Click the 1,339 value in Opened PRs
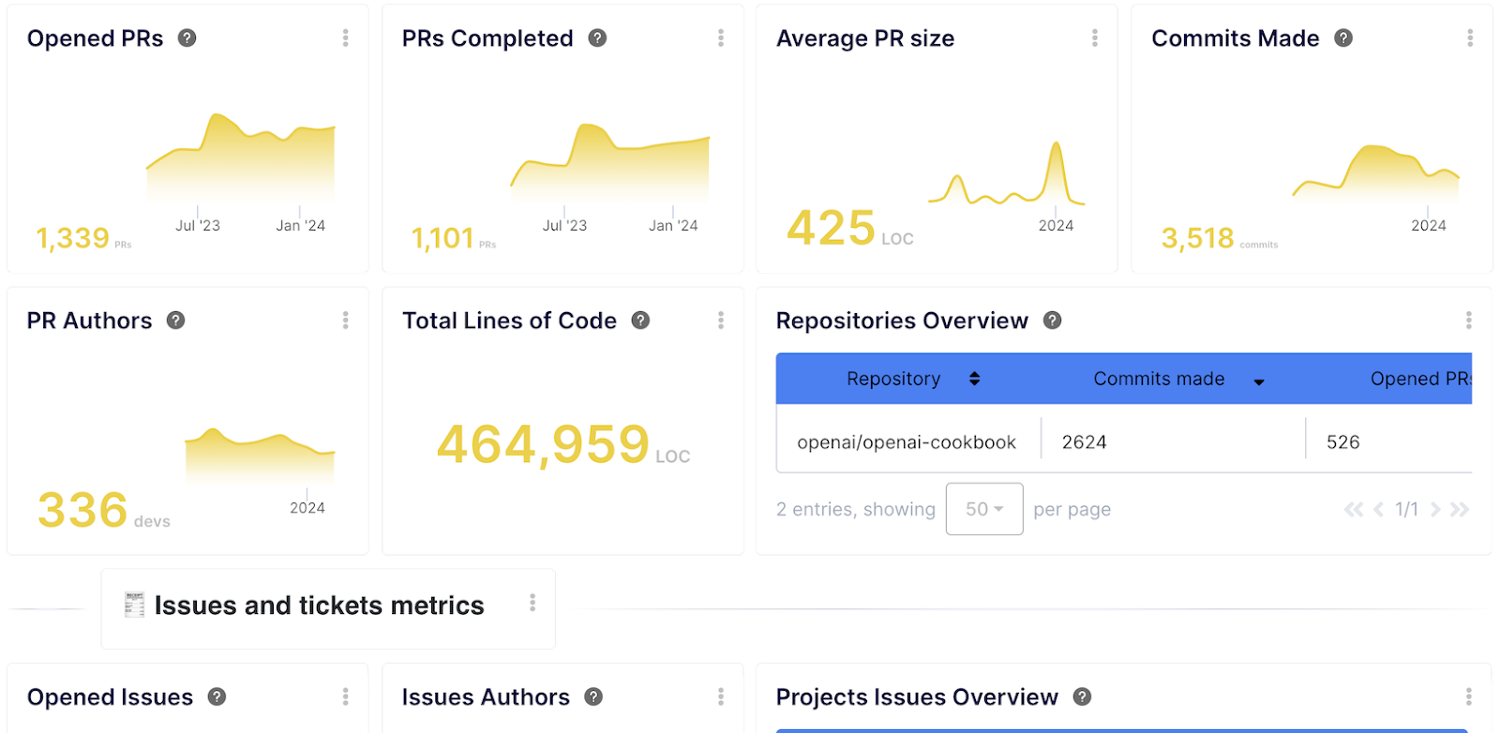point(73,238)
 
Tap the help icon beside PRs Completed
point(597,38)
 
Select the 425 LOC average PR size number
point(831,228)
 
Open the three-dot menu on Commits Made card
point(1469,38)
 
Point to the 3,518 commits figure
point(1197,238)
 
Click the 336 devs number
point(82,511)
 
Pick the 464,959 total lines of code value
point(543,444)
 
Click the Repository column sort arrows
point(974,379)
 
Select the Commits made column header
point(1159,379)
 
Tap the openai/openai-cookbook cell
point(906,442)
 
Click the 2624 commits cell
point(1084,442)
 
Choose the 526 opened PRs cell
point(1342,442)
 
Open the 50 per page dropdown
point(983,509)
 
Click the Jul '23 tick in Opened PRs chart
point(198,225)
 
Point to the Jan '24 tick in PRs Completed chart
point(673,225)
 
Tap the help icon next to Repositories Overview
point(1053,321)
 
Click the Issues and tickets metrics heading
point(319,606)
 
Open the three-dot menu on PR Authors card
point(345,321)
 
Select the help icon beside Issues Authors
point(593,697)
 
